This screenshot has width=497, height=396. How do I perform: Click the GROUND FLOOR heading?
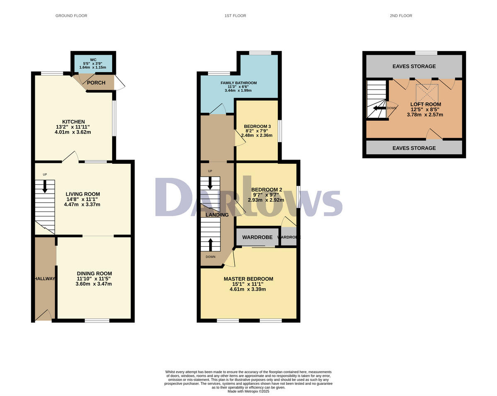click(71, 16)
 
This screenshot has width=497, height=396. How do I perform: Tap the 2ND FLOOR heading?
click(401, 16)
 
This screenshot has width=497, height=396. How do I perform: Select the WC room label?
click(93, 60)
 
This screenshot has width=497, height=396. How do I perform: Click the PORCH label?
click(96, 83)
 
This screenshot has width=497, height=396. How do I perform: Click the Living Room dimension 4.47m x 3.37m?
click(83, 204)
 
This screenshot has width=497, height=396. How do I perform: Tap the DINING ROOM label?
click(94, 273)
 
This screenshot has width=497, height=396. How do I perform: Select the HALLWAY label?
click(45, 279)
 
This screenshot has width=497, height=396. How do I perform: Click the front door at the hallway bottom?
click(43, 316)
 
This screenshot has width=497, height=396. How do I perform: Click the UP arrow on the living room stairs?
click(45, 186)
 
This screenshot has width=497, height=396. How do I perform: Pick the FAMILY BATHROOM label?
click(238, 83)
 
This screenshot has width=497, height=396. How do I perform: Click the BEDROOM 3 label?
click(257, 126)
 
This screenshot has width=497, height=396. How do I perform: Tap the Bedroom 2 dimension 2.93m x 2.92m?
click(265, 200)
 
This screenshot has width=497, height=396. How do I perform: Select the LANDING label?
click(217, 215)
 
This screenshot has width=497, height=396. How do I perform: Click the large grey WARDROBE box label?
click(257, 237)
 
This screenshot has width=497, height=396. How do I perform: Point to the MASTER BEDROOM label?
click(248, 279)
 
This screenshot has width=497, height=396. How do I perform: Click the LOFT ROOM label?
click(425, 104)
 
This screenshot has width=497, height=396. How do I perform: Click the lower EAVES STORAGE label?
click(414, 148)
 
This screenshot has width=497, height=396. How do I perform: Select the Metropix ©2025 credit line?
click(248, 391)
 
